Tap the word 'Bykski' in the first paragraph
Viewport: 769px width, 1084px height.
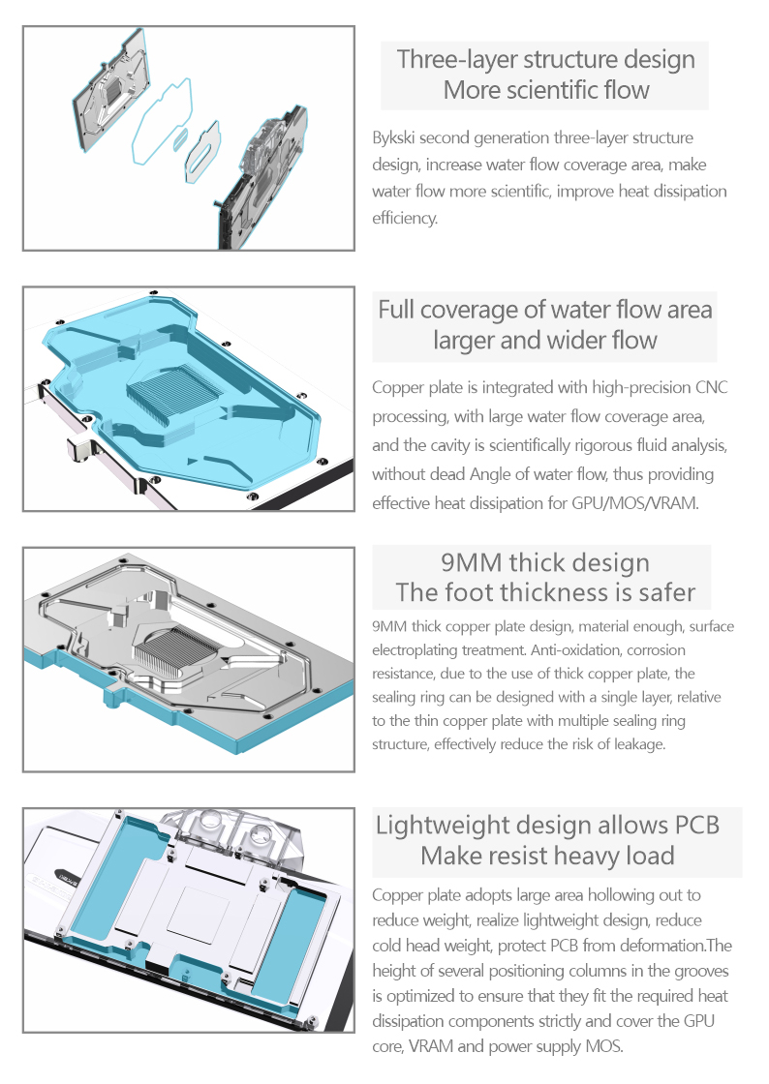[395, 137]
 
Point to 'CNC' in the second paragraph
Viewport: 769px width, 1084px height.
[712, 388]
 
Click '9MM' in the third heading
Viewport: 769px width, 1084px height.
[471, 562]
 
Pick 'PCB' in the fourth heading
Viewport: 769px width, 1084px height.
[695, 826]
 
